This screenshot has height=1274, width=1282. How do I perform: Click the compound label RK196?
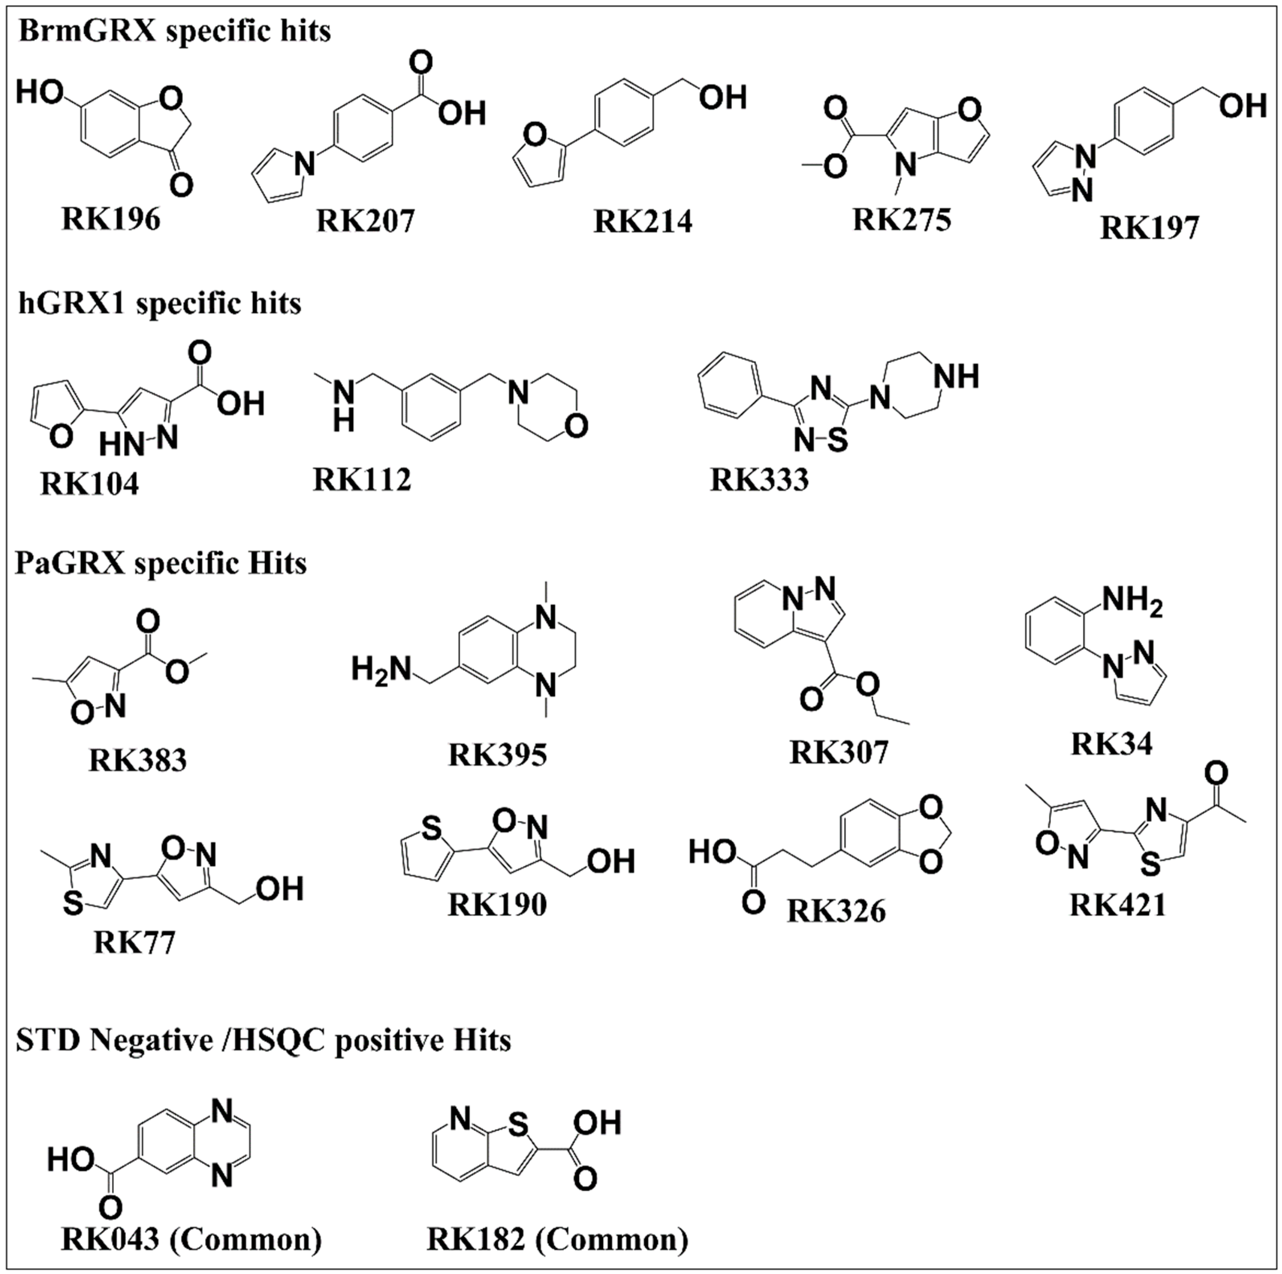point(111,219)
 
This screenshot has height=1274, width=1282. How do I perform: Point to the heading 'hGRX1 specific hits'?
point(159,304)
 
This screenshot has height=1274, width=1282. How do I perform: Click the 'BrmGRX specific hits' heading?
point(174,31)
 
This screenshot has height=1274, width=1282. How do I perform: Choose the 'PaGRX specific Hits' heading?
point(161,563)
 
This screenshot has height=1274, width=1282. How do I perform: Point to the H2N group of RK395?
point(381,669)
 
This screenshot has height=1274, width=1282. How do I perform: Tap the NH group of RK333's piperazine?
point(956,376)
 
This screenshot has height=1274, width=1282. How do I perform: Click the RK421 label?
point(1118,904)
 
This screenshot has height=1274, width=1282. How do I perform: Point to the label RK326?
point(836,911)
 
